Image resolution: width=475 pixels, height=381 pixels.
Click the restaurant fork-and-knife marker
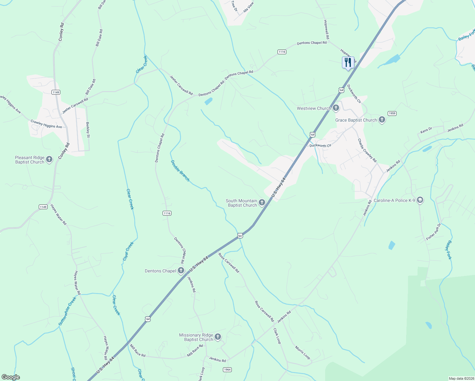point(348,62)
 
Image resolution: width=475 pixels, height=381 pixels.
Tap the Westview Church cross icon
point(336,108)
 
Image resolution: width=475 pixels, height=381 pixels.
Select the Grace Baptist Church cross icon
point(382,120)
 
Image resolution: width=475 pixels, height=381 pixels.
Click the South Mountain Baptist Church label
point(241,203)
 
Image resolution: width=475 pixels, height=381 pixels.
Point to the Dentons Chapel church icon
point(181,271)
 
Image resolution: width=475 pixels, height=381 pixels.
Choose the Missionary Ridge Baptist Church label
point(196,337)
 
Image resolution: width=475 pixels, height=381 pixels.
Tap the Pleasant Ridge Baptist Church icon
point(49,159)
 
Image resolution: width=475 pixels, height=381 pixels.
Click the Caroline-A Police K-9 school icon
point(420,200)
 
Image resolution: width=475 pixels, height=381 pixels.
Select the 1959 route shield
point(392,113)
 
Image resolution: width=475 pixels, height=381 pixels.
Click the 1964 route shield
point(227,370)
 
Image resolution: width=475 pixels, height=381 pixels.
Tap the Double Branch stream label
point(180,171)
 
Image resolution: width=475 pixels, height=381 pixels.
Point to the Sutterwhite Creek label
point(67,311)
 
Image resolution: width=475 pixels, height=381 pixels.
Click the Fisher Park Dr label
point(433,231)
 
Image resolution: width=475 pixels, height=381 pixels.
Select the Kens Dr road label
point(426,130)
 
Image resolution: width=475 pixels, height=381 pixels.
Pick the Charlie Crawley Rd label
point(367,150)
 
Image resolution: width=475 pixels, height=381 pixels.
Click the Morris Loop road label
point(302,352)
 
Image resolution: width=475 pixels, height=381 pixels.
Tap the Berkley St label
point(88,130)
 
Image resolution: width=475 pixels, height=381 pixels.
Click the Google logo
point(10,377)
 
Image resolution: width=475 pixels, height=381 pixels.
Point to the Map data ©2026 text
point(461,378)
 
